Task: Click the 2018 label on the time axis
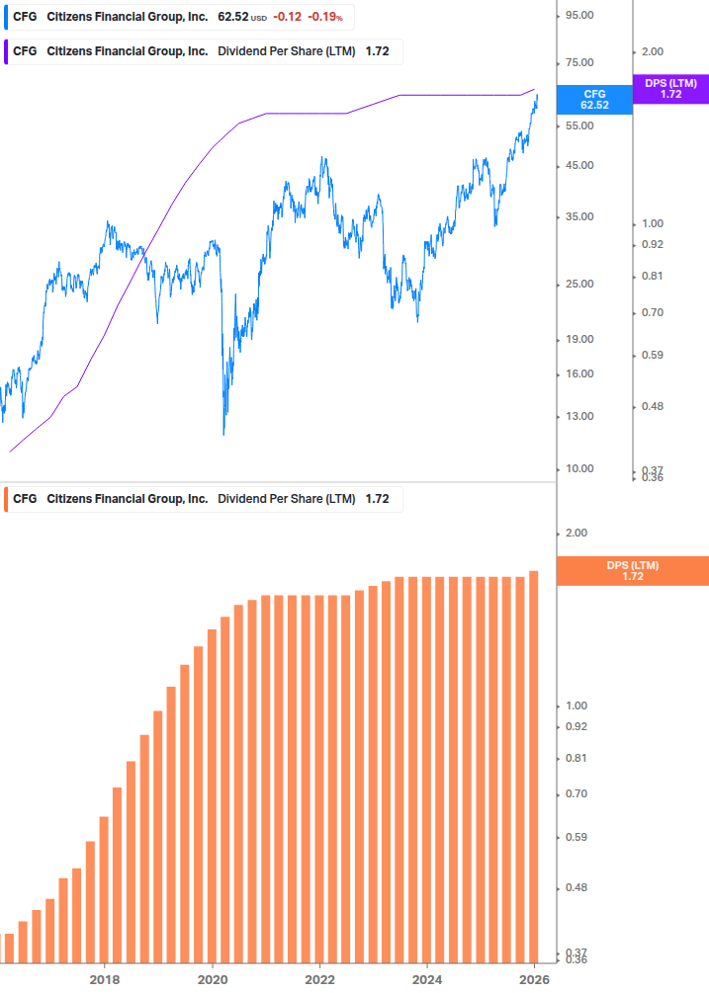[104, 979]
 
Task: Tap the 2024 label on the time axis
[426, 979]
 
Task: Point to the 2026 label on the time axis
[534, 979]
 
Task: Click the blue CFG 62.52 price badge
[594, 99]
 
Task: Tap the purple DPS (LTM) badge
[670, 89]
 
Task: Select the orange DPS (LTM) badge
[633, 571]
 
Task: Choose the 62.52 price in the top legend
[233, 17]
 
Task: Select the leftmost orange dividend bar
[9, 948]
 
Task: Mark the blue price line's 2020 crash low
[223, 433]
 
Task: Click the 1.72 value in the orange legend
[377, 499]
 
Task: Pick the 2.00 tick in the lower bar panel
[577, 534]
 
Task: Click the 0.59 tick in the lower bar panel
[577, 837]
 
